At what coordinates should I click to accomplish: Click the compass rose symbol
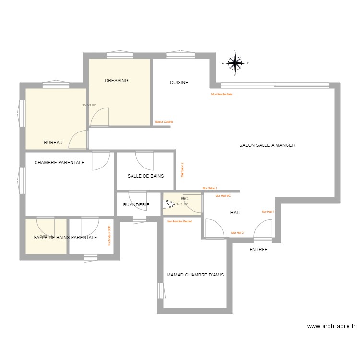tap(235, 62)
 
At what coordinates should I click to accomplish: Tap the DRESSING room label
tap(117, 81)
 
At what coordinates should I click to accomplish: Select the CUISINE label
tap(179, 83)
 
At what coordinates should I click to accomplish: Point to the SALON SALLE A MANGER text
tap(267, 145)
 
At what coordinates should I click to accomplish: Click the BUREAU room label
tap(53, 143)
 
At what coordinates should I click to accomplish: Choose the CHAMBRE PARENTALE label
tap(60, 163)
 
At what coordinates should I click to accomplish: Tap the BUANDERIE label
tap(136, 205)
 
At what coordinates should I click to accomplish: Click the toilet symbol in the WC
tap(168, 204)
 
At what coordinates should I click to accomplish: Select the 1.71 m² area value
tap(182, 204)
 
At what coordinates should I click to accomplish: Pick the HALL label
tap(236, 212)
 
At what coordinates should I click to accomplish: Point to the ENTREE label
tap(259, 250)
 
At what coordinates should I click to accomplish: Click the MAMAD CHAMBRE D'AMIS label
tap(195, 275)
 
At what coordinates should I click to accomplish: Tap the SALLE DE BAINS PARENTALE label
tap(65, 238)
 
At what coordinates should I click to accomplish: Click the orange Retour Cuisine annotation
tap(164, 122)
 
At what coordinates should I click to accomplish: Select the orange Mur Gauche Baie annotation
tap(222, 94)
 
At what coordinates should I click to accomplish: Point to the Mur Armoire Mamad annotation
tap(179, 221)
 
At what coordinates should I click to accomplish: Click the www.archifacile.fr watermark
tap(331, 326)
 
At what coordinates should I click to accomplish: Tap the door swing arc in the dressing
tap(100, 115)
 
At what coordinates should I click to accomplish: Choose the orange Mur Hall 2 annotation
tap(237, 233)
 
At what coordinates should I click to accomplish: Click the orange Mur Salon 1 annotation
tap(210, 188)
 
